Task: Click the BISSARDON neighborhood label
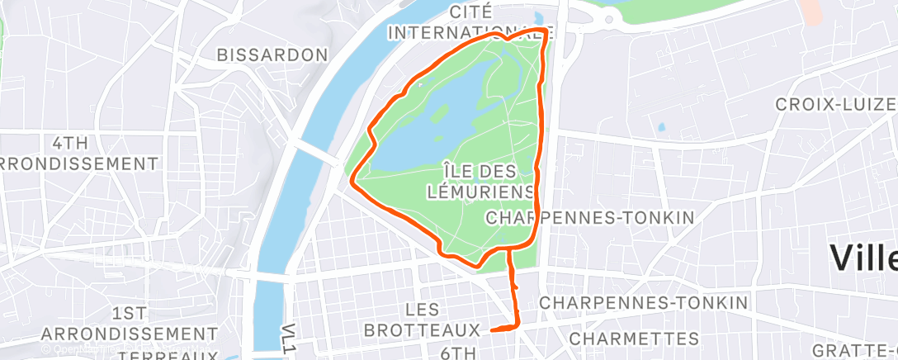(x=272, y=54)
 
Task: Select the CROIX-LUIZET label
(x=835, y=105)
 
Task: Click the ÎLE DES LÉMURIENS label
(x=480, y=181)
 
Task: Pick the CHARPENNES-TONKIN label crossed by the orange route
(x=589, y=217)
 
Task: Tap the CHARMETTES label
(x=634, y=339)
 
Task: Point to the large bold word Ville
(x=863, y=258)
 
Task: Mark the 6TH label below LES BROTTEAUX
(x=454, y=353)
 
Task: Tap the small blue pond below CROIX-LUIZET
(x=660, y=127)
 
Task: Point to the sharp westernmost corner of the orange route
(x=352, y=178)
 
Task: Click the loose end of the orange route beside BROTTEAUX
(x=492, y=330)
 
